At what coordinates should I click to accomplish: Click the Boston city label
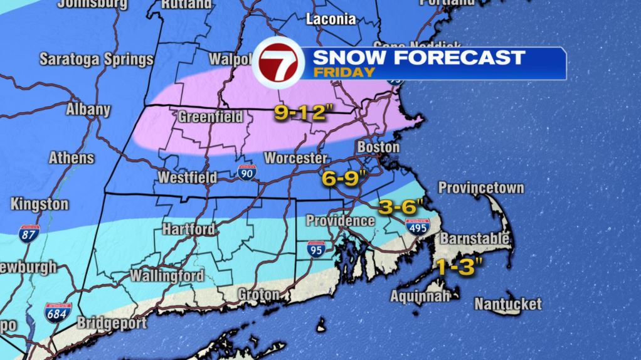click(x=378, y=147)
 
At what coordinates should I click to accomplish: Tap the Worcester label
click(x=295, y=158)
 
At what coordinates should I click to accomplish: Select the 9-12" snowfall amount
click(x=302, y=114)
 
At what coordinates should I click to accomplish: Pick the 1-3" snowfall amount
click(x=458, y=268)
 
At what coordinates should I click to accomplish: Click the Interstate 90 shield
click(x=247, y=172)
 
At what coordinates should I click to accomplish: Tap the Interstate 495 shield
click(x=417, y=227)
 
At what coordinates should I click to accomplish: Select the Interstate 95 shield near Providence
click(x=317, y=249)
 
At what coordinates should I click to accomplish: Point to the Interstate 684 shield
click(x=57, y=312)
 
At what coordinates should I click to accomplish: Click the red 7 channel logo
click(x=278, y=63)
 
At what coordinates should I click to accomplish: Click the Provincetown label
click(x=481, y=188)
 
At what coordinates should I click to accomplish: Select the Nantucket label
click(x=507, y=304)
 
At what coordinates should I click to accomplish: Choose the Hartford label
click(x=188, y=229)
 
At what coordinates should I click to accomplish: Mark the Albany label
click(x=88, y=110)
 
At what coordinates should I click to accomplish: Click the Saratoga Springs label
click(x=97, y=60)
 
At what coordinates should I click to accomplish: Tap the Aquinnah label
click(x=420, y=295)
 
